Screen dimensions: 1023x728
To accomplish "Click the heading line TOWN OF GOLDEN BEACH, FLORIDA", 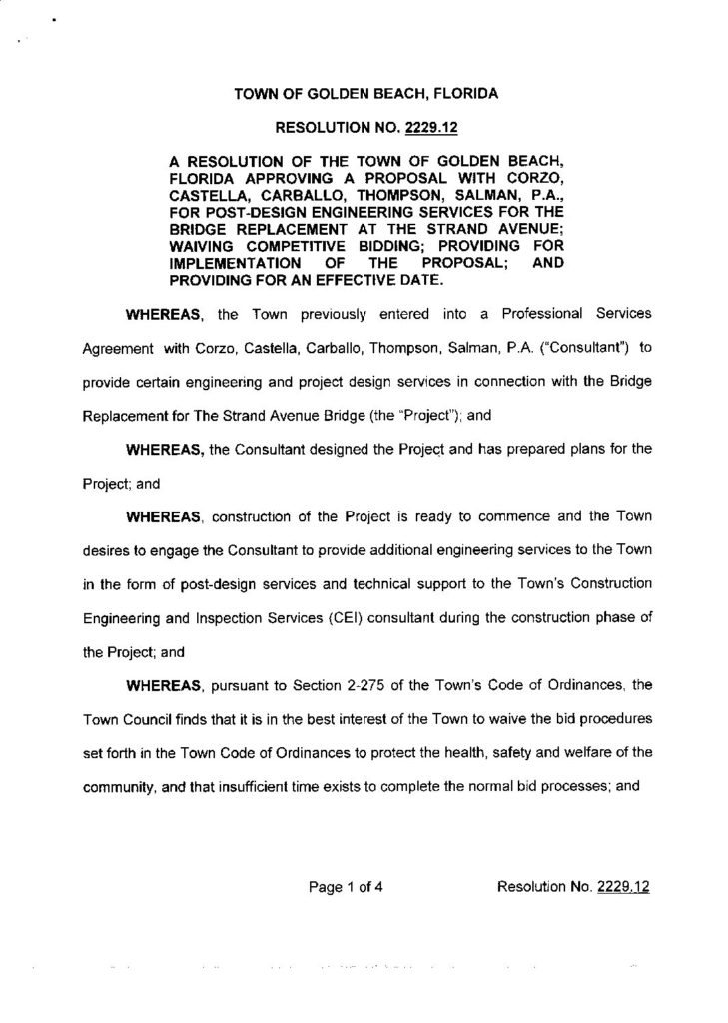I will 364,95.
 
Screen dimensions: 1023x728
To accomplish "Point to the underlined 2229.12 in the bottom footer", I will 623,885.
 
